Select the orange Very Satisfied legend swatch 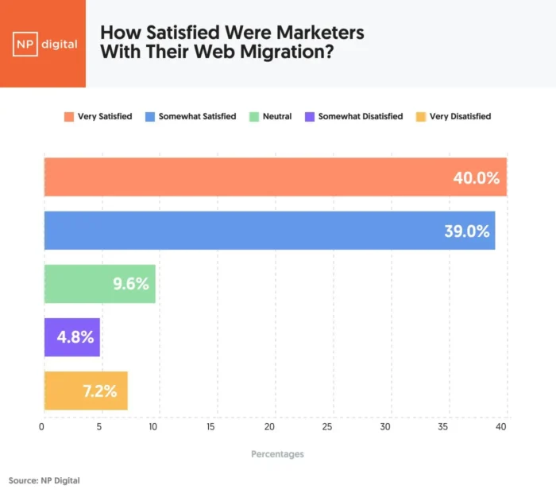pyautogui.click(x=69, y=116)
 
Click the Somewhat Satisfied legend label pyautogui.click(x=197, y=116)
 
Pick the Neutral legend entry pyautogui.click(x=276, y=116)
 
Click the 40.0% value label pyautogui.click(x=476, y=177)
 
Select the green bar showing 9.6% pyautogui.click(x=99, y=284)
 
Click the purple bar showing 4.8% pyautogui.click(x=71, y=337)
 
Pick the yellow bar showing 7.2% pyautogui.click(x=85, y=390)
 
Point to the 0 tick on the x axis pyautogui.click(x=42, y=427)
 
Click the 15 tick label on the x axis pyautogui.click(x=210, y=427)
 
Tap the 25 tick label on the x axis pyautogui.click(x=327, y=427)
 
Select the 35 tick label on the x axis pyautogui.click(x=442, y=427)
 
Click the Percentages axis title pyautogui.click(x=277, y=454)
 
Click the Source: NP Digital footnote pyautogui.click(x=44, y=480)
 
